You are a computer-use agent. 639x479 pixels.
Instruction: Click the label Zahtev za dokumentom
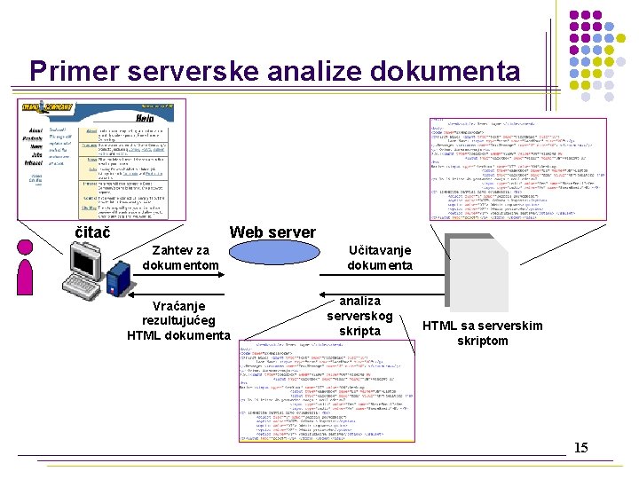181,257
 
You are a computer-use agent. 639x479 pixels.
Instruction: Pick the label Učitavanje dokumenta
380,257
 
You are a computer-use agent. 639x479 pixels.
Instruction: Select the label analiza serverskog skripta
359,316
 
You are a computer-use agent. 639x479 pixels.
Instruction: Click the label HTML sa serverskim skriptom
483,333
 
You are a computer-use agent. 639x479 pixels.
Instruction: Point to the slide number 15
580,447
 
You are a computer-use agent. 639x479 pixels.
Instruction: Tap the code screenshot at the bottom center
326,389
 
